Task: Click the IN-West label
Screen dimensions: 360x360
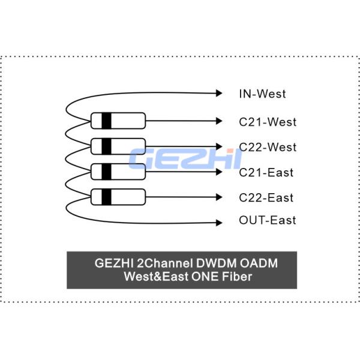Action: pyautogui.click(x=262, y=94)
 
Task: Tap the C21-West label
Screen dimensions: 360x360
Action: pyautogui.click(x=268, y=122)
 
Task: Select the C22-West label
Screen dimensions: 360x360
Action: pyautogui.click(x=268, y=147)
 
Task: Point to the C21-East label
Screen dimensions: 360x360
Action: pyautogui.click(x=266, y=173)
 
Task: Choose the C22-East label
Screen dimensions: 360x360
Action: pyautogui.click(x=266, y=197)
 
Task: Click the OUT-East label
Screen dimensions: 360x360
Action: pyautogui.click(x=268, y=220)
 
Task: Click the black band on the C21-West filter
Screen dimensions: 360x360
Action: pyautogui.click(x=106, y=121)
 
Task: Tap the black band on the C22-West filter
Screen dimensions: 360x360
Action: pyautogui.click(x=106, y=146)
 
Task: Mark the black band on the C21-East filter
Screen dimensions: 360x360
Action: pyautogui.click(x=106, y=171)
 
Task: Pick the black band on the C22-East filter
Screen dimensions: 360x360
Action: pyautogui.click(x=106, y=196)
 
